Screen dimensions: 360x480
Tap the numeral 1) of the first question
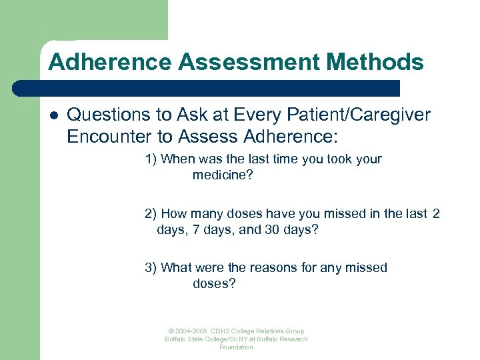(151, 159)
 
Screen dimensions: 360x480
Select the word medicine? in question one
(223, 175)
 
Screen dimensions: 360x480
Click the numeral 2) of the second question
(151, 214)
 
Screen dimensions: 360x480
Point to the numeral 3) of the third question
(151, 268)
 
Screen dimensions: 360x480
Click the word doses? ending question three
(214, 284)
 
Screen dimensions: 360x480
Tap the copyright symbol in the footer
(171, 331)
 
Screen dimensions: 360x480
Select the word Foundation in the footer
(237, 347)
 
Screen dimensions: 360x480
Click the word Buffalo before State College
(177, 339)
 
